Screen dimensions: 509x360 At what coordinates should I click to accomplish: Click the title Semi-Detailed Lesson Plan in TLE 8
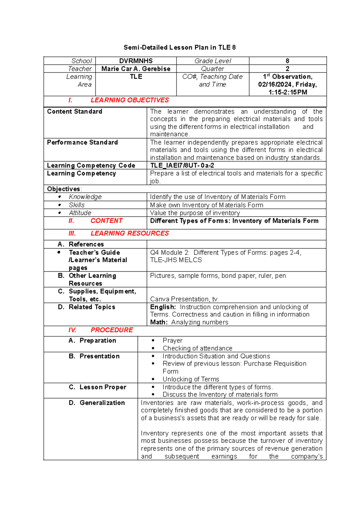[180, 47]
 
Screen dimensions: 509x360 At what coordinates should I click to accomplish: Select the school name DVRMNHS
[136, 61]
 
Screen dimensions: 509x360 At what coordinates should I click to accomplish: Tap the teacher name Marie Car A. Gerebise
[136, 69]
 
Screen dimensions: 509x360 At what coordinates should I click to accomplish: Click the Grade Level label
[213, 61]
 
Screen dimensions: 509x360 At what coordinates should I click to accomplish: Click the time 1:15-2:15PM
[288, 92]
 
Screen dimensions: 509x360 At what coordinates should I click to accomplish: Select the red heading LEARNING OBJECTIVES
[130, 100]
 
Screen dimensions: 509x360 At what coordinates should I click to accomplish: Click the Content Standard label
[75, 112]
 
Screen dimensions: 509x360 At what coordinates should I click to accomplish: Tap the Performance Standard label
[82, 143]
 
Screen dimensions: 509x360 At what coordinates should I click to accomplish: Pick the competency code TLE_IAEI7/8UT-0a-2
[182, 165]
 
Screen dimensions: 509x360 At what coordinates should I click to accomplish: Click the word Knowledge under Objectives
[85, 197]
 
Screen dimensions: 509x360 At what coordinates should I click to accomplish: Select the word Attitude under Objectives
[80, 213]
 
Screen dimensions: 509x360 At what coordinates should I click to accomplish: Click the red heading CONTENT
[106, 221]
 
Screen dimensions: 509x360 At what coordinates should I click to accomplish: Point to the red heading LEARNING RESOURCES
[130, 233]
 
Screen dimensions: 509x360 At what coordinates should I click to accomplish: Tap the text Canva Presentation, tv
[184, 299]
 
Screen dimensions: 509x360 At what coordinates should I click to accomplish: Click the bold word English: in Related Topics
[163, 307]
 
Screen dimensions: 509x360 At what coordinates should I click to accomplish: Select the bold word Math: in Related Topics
[159, 322]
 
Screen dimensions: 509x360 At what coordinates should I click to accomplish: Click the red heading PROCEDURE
[112, 330]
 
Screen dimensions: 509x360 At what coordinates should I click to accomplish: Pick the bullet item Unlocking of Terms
[191, 379]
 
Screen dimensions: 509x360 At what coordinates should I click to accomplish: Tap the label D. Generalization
[97, 403]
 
